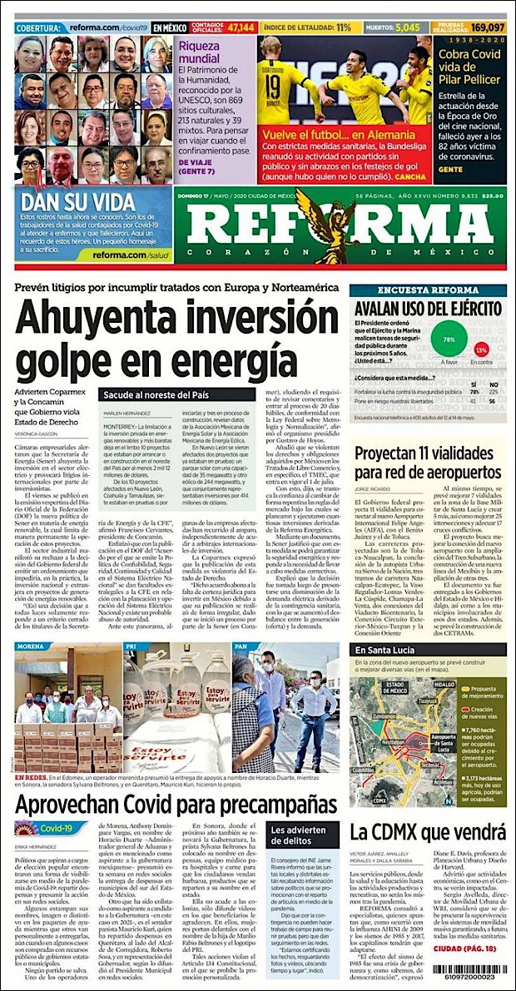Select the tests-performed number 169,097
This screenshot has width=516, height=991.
[x=489, y=27]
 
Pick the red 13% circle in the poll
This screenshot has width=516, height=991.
[x=481, y=350]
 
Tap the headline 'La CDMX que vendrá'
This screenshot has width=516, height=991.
[x=427, y=807]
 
